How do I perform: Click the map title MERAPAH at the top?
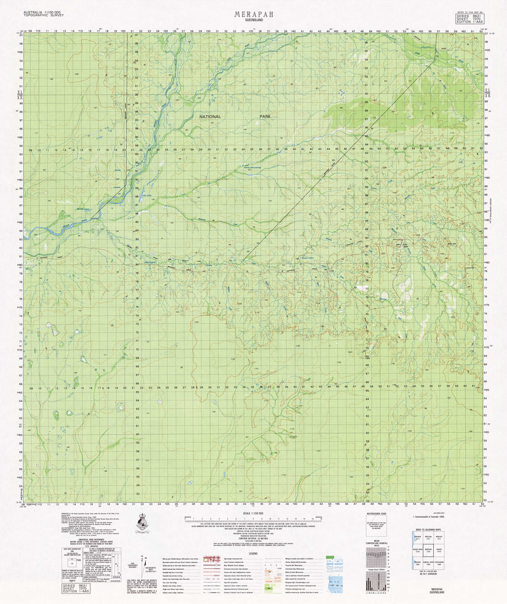pyautogui.click(x=253, y=13)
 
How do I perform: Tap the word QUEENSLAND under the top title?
pyautogui.click(x=253, y=20)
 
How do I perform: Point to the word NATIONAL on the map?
pyautogui.click(x=210, y=117)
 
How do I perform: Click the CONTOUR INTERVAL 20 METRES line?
pyautogui.click(x=253, y=539)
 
